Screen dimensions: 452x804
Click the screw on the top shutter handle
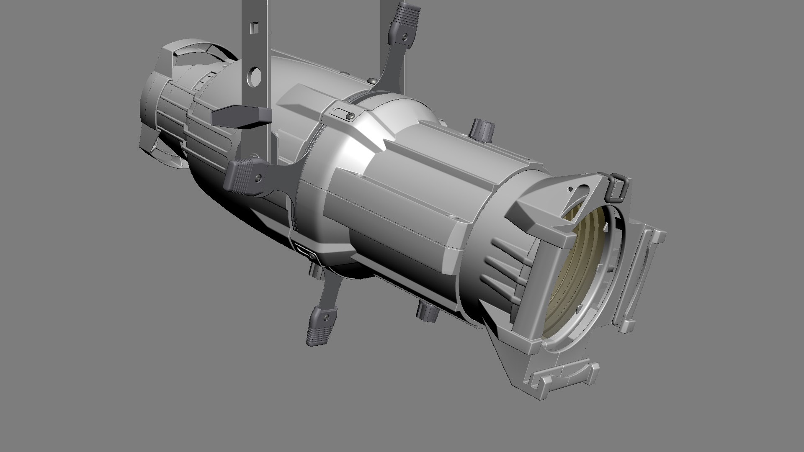tap(404, 37)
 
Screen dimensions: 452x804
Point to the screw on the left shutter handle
tap(260, 178)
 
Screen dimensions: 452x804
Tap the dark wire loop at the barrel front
tap(616, 188)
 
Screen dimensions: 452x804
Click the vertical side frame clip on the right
tap(641, 276)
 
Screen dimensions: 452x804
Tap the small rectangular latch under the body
tap(307, 253)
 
